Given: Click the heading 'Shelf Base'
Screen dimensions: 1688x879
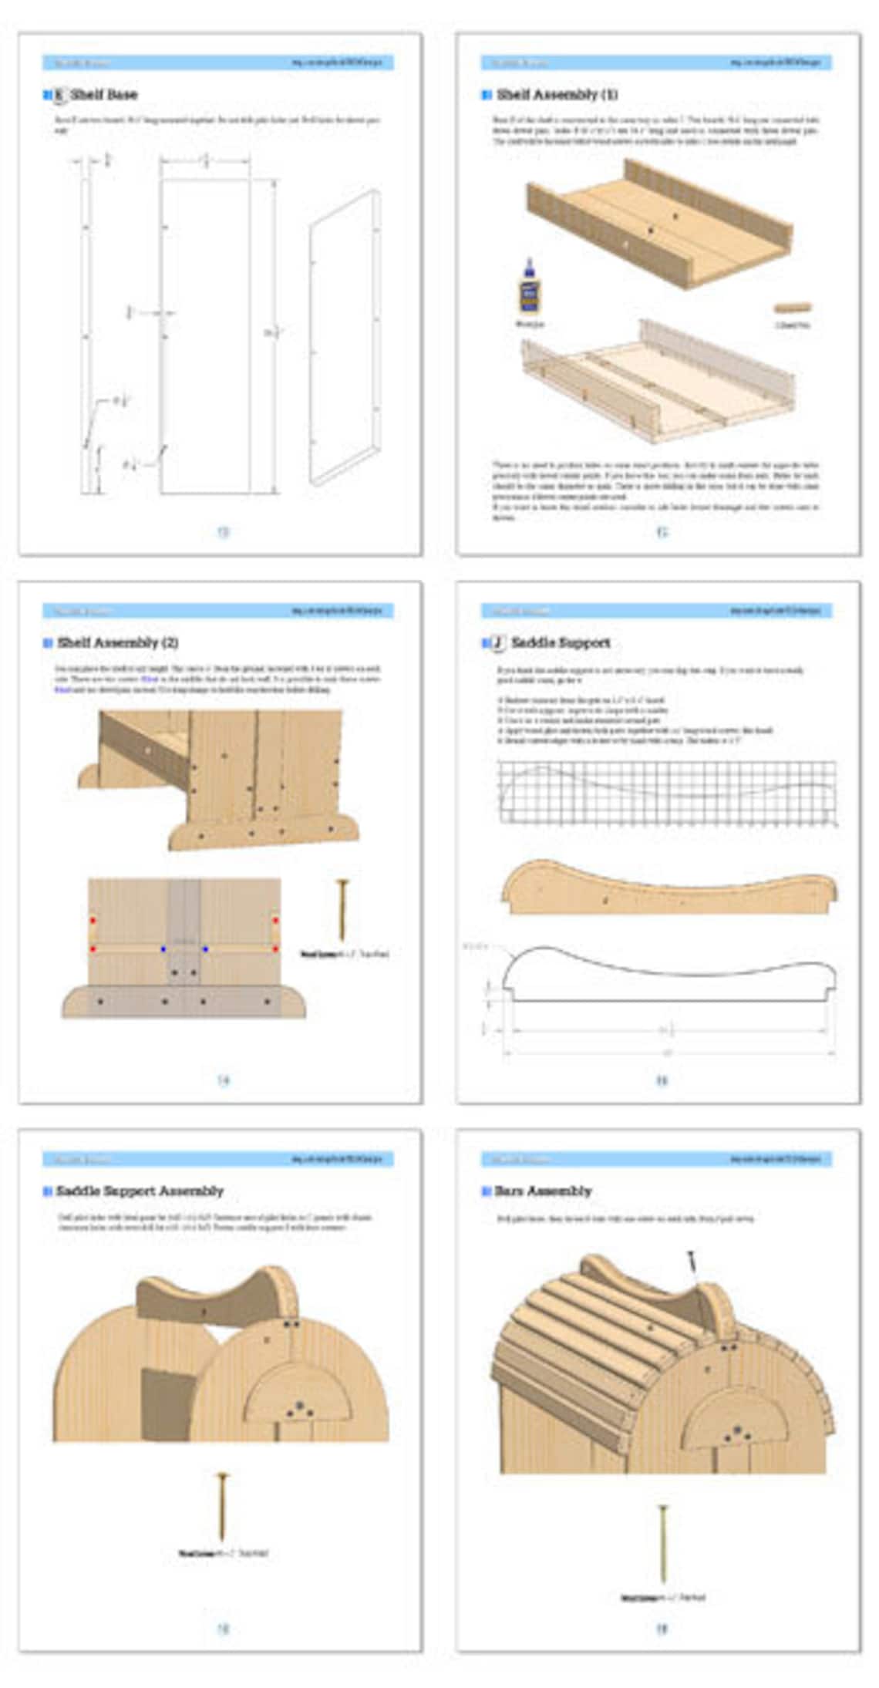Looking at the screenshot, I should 103,95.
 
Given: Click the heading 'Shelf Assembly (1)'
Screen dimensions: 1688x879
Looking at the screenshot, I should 557,95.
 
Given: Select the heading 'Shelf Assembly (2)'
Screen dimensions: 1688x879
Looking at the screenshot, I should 117,642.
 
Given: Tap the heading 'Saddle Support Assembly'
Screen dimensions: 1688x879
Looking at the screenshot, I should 140,1191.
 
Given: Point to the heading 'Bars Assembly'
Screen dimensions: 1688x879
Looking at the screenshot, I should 543,1191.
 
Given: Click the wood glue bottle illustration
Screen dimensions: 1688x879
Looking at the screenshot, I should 529,288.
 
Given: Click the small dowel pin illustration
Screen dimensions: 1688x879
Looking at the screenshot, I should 793,307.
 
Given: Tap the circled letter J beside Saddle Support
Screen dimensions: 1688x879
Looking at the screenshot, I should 499,642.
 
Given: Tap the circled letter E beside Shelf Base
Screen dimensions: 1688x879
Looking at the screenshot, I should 59,95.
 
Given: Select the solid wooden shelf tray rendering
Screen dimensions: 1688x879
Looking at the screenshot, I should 660,224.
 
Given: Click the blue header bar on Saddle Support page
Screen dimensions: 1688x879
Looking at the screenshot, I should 656,610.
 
